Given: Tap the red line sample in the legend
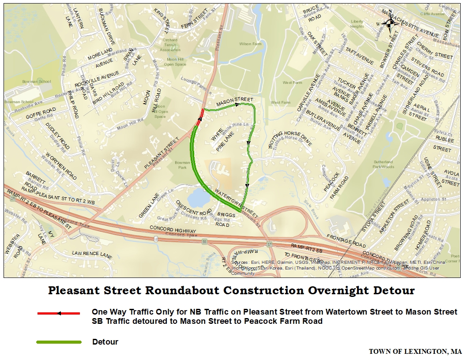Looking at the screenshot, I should click(x=59, y=313).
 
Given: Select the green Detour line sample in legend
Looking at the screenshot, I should click(x=59, y=342).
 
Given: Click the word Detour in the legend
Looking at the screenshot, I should click(x=105, y=342).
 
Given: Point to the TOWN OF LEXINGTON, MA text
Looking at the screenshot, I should click(x=415, y=352).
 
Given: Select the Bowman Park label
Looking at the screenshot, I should click(x=182, y=165).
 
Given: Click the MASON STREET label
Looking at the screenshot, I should click(x=234, y=101).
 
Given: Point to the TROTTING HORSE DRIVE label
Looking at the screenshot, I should click(x=290, y=139).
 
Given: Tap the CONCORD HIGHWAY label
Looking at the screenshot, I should click(x=173, y=229).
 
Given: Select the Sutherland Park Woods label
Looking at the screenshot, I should click(x=383, y=165).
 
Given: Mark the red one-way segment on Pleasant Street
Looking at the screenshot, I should click(x=202, y=115).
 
